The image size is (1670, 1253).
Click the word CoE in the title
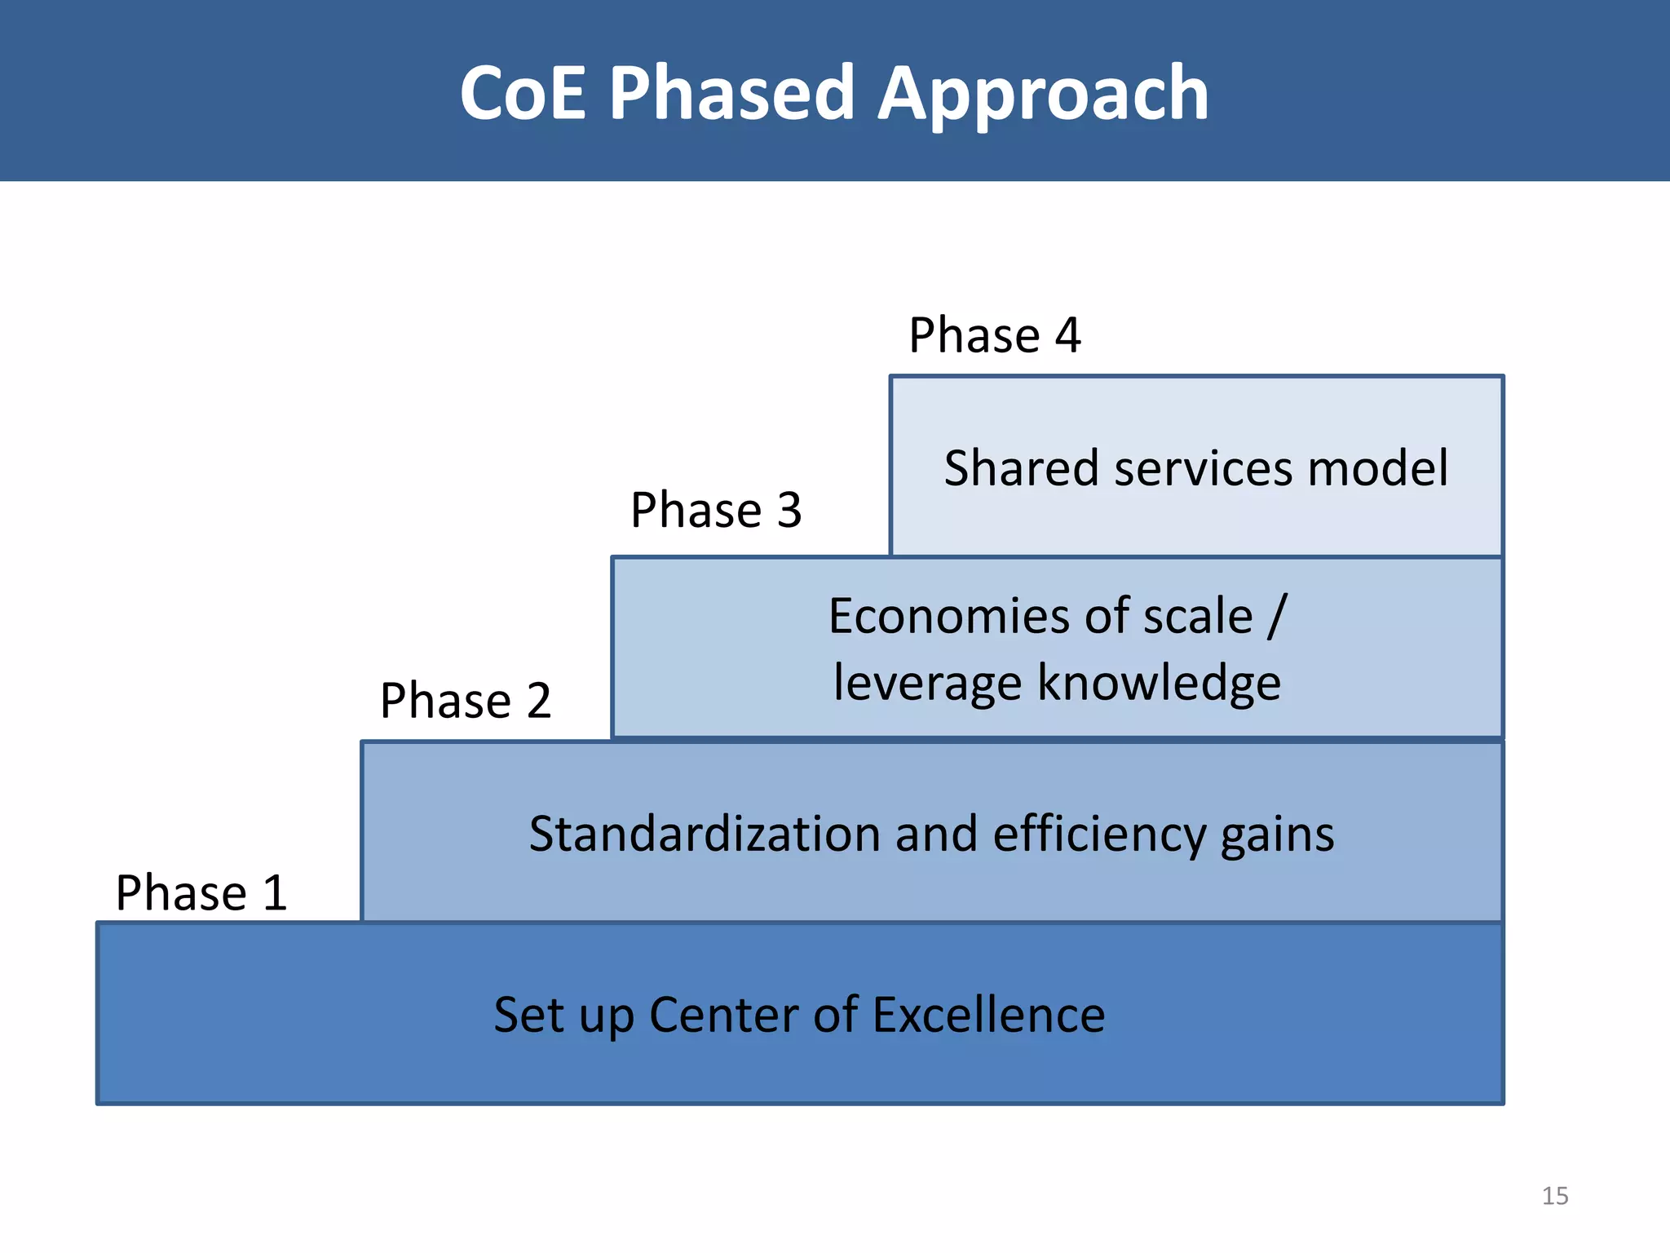coord(522,94)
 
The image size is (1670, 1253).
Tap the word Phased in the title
coord(731,94)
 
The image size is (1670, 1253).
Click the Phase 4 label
coord(994,335)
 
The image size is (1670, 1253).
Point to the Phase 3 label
coord(716,511)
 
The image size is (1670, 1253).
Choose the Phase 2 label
coord(466,701)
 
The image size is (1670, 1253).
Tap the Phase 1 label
coord(201,892)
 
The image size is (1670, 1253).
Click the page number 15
coord(1554,1196)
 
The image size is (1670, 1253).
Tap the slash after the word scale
coord(1277,616)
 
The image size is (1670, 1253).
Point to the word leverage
coord(926,684)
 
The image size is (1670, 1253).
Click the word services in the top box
coord(1204,468)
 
